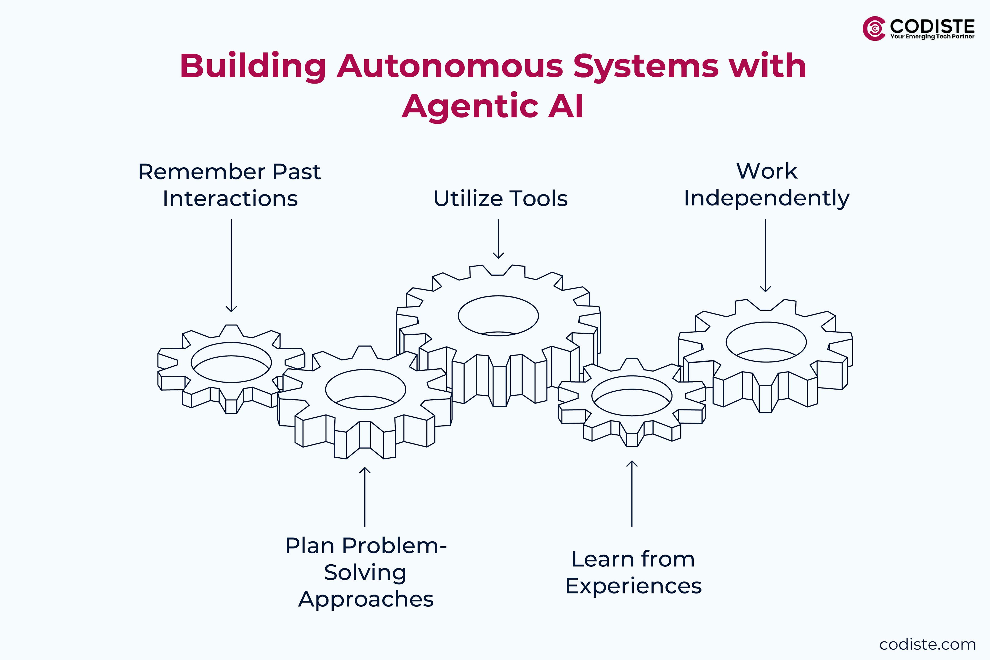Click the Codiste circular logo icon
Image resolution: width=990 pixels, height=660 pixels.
[874, 29]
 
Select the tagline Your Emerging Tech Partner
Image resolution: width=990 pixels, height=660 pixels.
[932, 37]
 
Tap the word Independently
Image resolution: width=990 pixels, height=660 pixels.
[766, 198]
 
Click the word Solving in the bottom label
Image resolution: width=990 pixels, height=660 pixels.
[365, 572]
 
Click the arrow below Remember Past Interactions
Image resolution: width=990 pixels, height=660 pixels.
[231, 265]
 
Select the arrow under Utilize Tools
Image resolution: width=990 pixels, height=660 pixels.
[498, 238]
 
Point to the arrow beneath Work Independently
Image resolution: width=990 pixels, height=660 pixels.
[765, 255]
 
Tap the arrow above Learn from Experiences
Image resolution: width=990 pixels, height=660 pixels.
[632, 493]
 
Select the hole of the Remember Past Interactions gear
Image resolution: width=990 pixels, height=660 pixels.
[231, 362]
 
